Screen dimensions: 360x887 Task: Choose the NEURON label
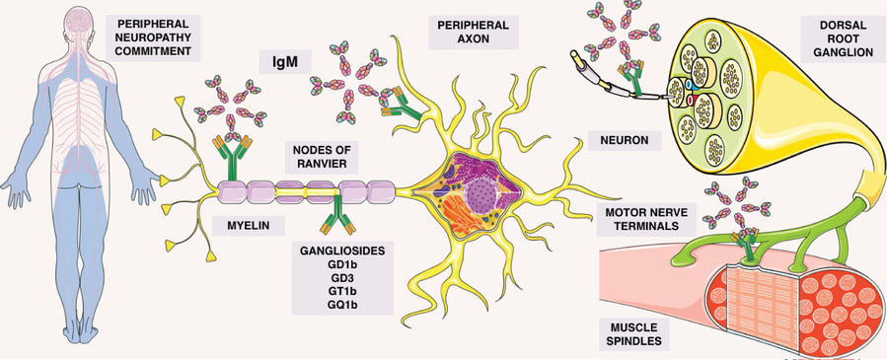point(618,141)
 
